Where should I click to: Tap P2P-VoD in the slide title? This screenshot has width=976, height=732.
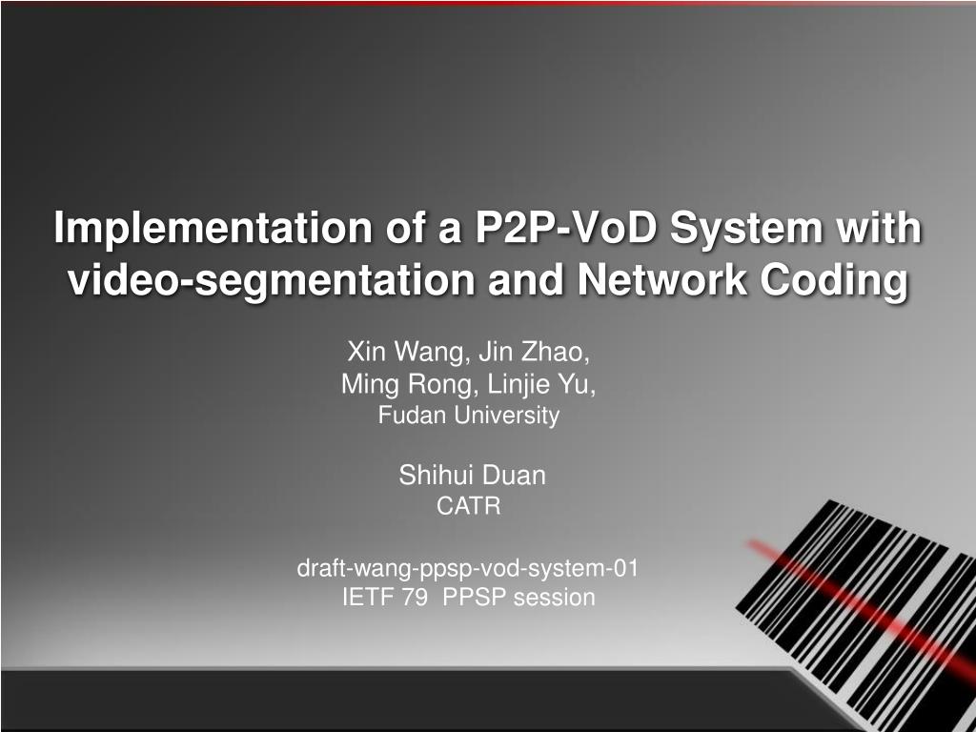click(x=558, y=229)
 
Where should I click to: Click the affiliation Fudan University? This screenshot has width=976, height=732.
click(x=469, y=416)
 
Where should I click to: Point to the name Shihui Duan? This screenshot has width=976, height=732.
click(x=472, y=476)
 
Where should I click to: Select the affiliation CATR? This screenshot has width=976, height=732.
click(x=468, y=507)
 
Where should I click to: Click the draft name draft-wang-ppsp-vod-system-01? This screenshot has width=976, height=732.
click(x=468, y=569)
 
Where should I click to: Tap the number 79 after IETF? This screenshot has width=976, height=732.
click(x=415, y=598)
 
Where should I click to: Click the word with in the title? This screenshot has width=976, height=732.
click(x=886, y=229)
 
